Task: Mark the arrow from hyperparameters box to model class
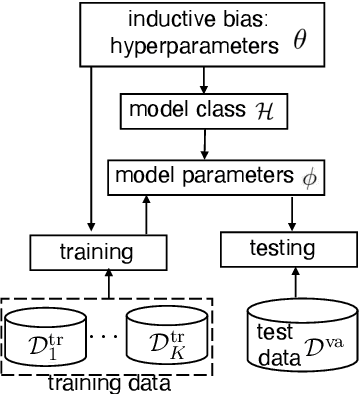point(204,79)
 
